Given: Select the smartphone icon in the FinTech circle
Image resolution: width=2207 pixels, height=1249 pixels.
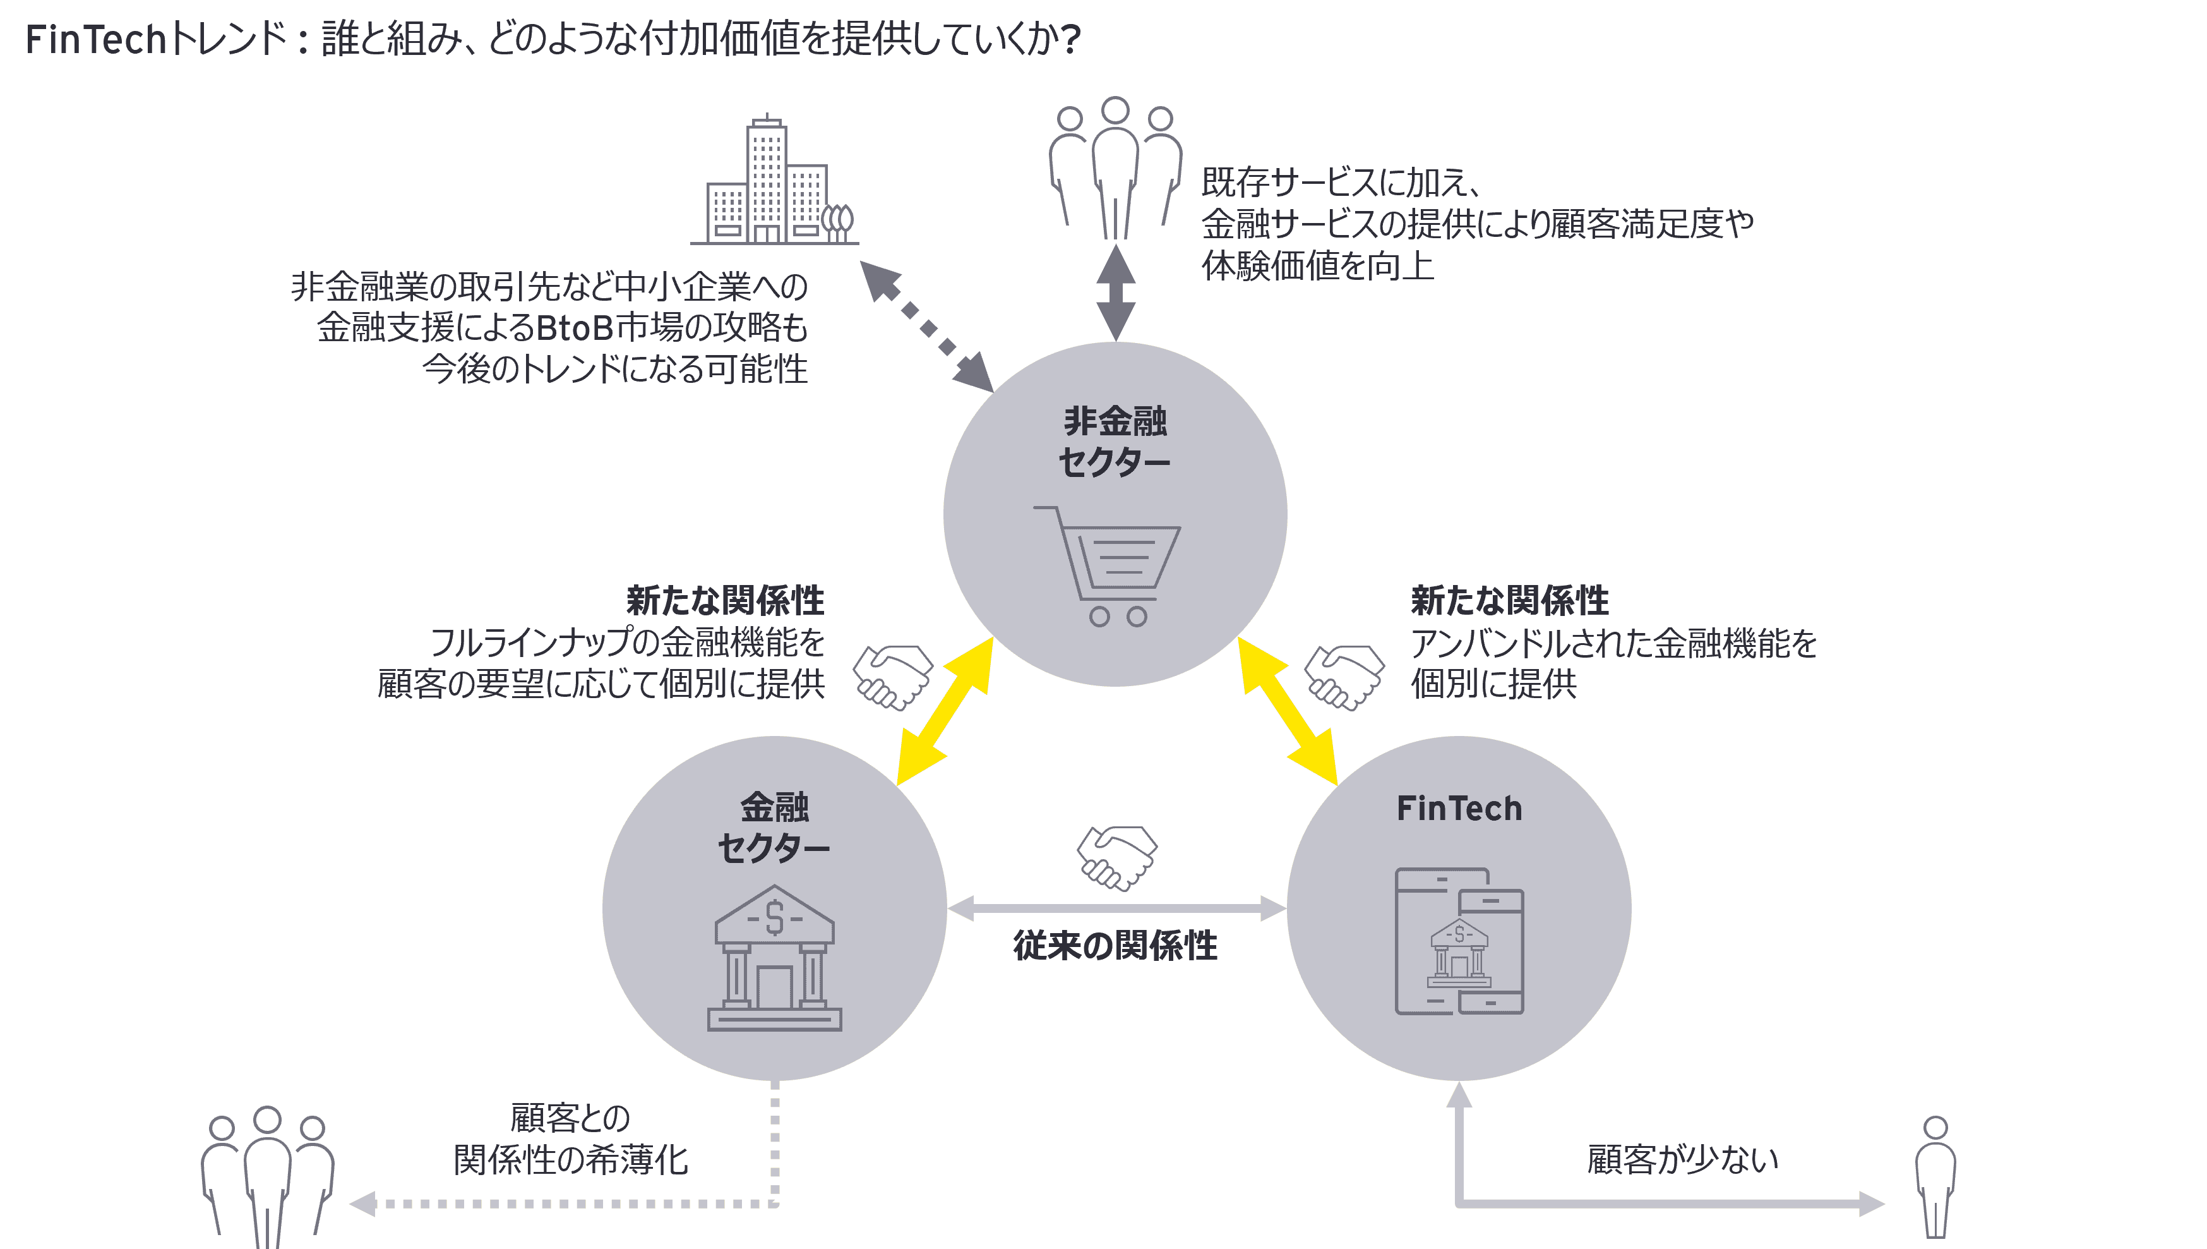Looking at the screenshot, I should [1459, 941].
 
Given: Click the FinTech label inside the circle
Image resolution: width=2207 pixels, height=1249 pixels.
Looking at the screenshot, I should [1459, 809].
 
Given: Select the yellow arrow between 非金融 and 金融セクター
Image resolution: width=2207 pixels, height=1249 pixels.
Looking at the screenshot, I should [944, 711].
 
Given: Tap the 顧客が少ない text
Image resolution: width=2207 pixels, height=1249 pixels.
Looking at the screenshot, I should [1682, 1160].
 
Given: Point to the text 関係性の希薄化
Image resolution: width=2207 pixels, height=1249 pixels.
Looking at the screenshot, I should [571, 1160].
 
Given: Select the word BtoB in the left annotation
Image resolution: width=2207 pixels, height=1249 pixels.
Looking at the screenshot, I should [575, 329].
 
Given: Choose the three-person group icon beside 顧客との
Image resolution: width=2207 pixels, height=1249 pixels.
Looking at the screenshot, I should [266, 1175].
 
